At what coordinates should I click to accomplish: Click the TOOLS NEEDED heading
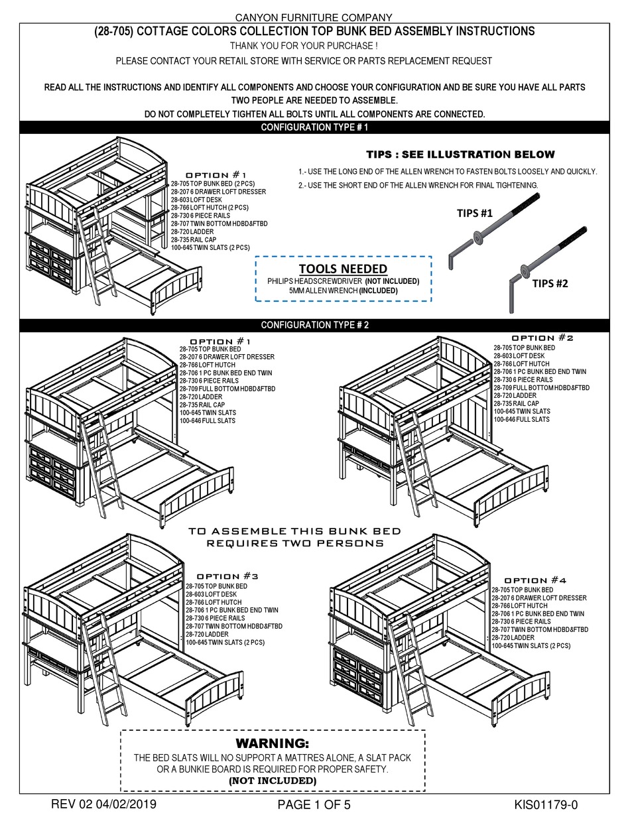(x=343, y=269)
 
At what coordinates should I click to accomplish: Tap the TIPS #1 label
(x=475, y=214)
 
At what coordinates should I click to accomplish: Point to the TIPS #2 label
(x=550, y=283)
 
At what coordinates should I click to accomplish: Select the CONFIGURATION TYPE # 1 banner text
(x=314, y=127)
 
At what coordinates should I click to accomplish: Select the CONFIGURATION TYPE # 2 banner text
(x=314, y=325)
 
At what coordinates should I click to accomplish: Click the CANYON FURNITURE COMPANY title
(x=314, y=17)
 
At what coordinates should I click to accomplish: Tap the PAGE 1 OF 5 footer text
(x=314, y=805)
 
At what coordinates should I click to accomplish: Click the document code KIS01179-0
(x=546, y=805)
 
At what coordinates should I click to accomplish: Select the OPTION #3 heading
(x=227, y=576)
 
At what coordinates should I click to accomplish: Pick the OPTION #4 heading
(x=536, y=580)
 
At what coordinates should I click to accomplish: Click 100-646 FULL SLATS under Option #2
(x=521, y=420)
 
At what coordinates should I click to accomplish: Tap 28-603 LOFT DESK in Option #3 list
(x=212, y=595)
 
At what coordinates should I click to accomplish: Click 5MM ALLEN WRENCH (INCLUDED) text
(x=343, y=290)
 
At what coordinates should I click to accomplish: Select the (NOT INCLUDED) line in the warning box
(x=273, y=781)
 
